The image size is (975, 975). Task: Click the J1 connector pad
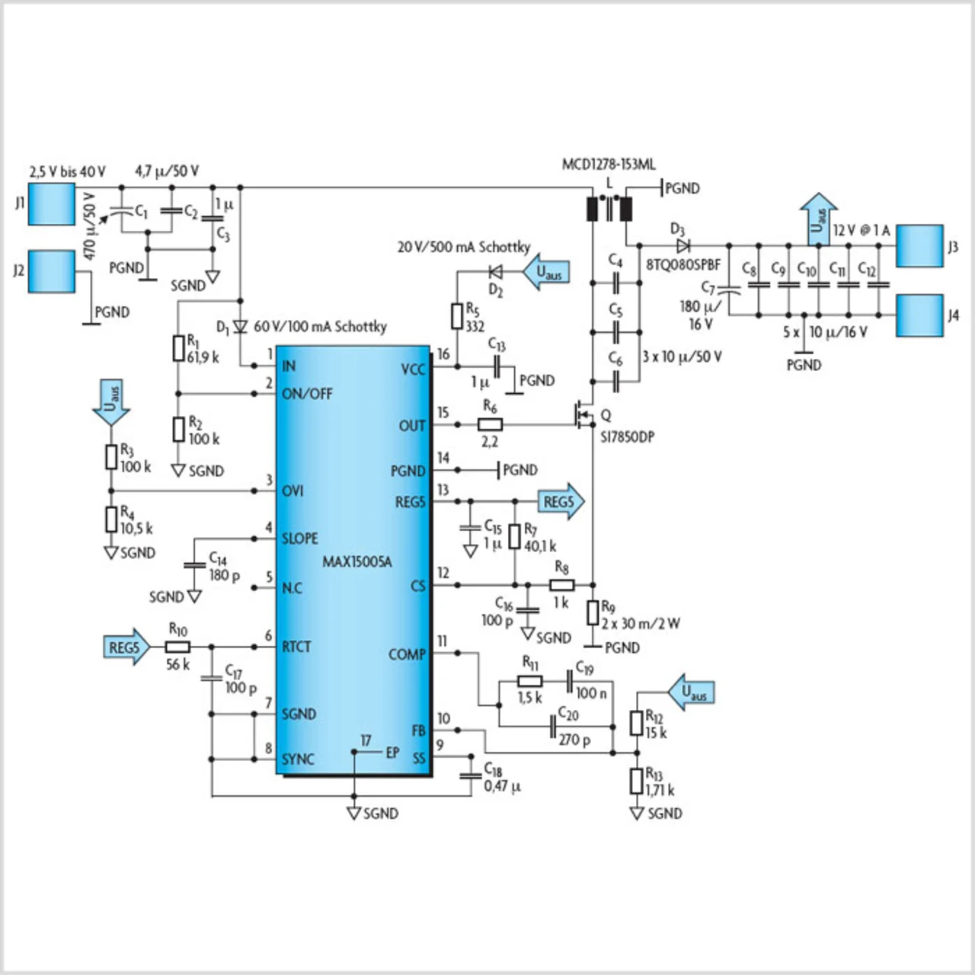pyautogui.click(x=51, y=204)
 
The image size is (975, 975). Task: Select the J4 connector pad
pyautogui.click(x=919, y=315)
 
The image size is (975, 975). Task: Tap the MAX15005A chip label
pyautogui.click(x=357, y=561)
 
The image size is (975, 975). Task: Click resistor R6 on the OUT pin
pyautogui.click(x=490, y=424)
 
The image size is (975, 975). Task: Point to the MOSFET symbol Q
pyautogui.click(x=582, y=414)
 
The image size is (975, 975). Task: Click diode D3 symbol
pyautogui.click(x=683, y=246)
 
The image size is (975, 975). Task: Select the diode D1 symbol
pyautogui.click(x=241, y=326)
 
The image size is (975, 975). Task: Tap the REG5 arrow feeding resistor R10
pyautogui.click(x=127, y=647)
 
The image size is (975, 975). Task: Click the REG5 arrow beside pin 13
pyautogui.click(x=561, y=501)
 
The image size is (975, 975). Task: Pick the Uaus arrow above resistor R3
pyautogui.click(x=111, y=402)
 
